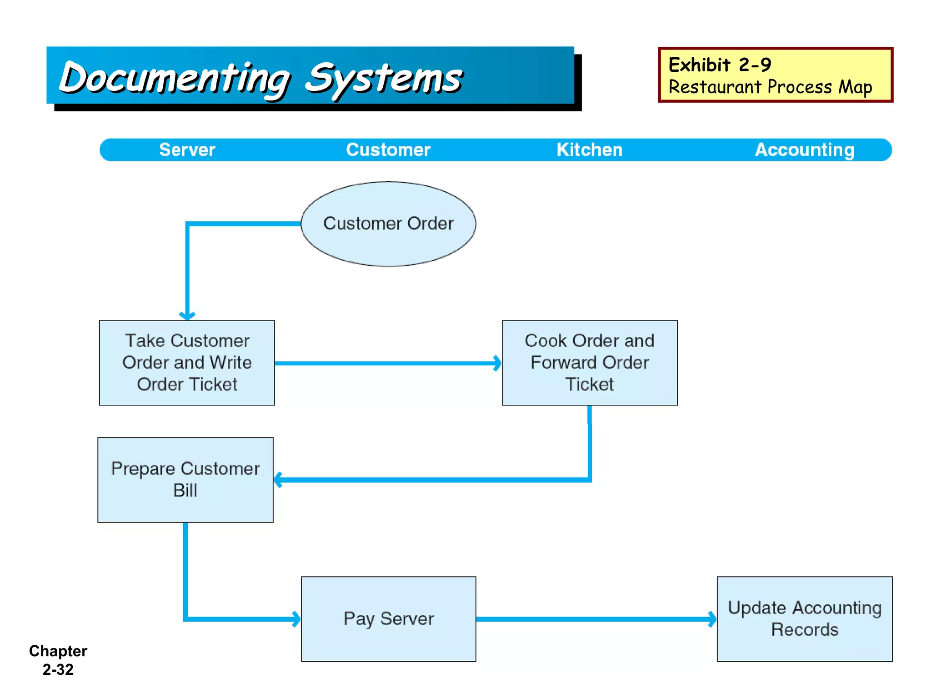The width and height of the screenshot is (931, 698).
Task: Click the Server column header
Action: tap(187, 150)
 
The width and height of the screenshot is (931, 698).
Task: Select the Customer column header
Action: tap(388, 150)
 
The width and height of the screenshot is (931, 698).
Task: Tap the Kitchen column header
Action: tap(589, 150)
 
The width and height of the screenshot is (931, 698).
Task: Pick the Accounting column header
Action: tap(804, 150)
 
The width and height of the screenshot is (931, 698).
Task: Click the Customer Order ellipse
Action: tap(388, 224)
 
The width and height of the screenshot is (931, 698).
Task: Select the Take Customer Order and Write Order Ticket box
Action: tap(187, 363)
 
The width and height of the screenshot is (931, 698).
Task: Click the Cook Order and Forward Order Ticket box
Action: tap(590, 363)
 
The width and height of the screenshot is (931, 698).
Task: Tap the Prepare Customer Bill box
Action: tap(185, 479)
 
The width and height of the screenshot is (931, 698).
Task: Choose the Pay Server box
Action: tap(388, 618)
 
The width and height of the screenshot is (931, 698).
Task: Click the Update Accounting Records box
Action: tap(804, 618)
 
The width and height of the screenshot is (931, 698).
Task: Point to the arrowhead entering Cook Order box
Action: tap(497, 363)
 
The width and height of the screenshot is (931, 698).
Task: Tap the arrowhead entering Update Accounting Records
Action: tap(712, 618)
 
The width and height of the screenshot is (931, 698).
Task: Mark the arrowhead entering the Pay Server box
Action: tap(296, 618)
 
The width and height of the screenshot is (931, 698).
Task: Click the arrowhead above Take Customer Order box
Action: tap(187, 315)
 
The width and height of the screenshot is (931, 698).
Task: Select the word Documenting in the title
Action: tap(175, 79)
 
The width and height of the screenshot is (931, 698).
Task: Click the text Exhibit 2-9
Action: tap(720, 65)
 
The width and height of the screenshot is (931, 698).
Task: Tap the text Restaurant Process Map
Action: tap(770, 87)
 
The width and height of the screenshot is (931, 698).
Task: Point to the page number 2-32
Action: tap(58, 669)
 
